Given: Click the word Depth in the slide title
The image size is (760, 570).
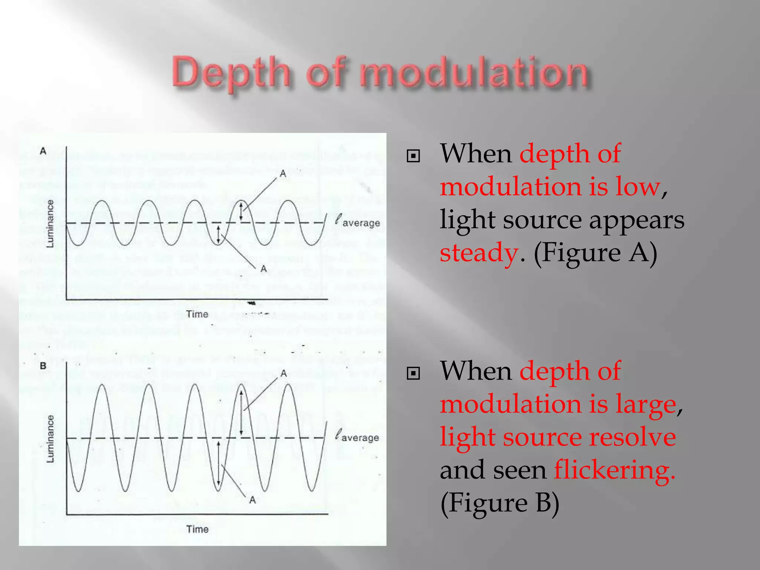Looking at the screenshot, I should [x=230, y=73].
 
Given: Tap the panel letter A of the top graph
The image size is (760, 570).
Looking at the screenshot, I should [x=43, y=151].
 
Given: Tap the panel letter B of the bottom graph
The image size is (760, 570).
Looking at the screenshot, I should [x=43, y=366].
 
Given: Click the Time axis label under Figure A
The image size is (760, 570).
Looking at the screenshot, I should [x=197, y=314].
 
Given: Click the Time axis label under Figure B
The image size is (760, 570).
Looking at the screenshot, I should [x=197, y=529].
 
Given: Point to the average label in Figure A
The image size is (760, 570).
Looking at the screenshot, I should [x=361, y=223].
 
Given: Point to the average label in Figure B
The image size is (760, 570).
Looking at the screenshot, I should [x=360, y=438].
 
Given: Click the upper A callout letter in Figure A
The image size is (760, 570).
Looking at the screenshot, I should [x=283, y=174].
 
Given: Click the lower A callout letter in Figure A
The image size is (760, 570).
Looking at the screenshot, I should [x=263, y=269].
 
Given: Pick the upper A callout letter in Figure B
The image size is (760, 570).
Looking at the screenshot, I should [x=284, y=373].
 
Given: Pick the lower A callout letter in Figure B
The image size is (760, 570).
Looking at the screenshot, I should [x=252, y=500].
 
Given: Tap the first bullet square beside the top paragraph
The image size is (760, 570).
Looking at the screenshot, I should [x=413, y=156].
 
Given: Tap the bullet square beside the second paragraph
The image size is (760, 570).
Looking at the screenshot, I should [x=413, y=373].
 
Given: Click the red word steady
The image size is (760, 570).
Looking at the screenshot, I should [x=479, y=252].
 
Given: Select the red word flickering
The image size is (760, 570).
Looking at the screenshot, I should [x=614, y=470].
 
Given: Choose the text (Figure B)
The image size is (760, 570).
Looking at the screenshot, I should [x=499, y=503].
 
